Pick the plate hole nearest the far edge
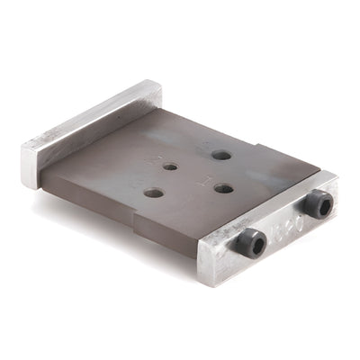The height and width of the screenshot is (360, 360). [220, 155]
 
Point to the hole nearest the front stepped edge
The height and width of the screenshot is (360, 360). [154, 193]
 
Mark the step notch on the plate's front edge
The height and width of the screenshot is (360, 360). [135, 220]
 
